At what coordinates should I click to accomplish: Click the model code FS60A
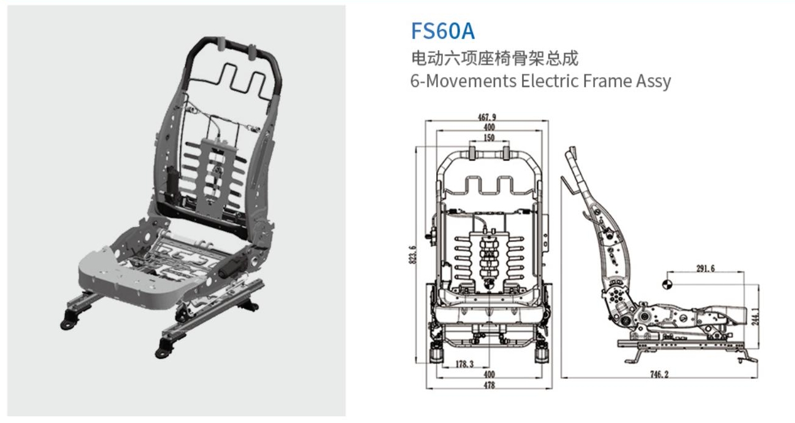(442, 31)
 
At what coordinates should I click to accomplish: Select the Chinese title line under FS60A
(494, 59)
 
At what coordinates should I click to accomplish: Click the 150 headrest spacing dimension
(489, 138)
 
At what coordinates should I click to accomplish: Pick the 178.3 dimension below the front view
(465, 364)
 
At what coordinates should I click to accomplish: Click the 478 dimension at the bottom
(489, 385)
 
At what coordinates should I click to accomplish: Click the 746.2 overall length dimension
(659, 374)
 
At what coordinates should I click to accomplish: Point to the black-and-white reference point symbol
(667, 283)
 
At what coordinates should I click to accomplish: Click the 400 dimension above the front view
(489, 127)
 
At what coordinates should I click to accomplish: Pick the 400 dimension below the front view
(489, 374)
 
